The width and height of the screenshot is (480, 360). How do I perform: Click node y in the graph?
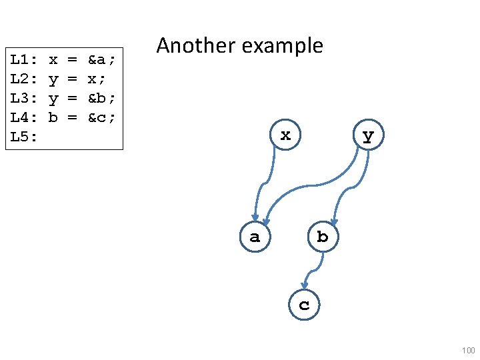coord(368,136)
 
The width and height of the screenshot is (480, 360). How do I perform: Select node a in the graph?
coord(255,237)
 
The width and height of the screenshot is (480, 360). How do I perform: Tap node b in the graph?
coord(323,237)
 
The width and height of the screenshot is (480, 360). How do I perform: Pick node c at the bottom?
coord(304,305)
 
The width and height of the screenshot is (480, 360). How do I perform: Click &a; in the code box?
coord(102,60)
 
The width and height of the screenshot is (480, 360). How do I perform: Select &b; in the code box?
coord(102,99)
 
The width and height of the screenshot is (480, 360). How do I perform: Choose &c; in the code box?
coord(102,118)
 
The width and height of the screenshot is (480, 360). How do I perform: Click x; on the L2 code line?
coord(97,79)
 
